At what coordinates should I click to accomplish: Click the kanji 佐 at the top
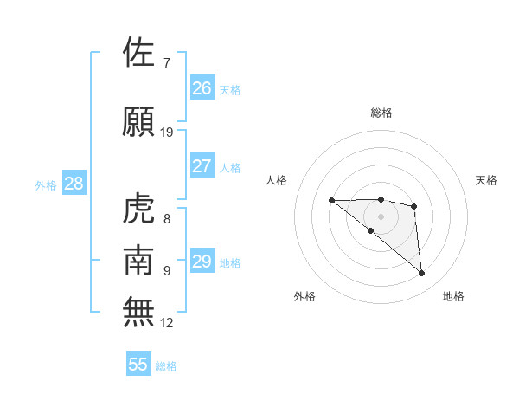click(140, 52)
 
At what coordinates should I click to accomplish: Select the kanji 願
click(140, 121)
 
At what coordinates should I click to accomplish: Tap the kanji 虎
click(140, 208)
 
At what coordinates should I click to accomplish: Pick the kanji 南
click(140, 260)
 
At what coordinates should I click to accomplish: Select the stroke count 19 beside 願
click(167, 132)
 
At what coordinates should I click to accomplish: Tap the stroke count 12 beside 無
click(167, 322)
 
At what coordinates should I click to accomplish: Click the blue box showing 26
click(202, 87)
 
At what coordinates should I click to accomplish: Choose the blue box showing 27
click(202, 166)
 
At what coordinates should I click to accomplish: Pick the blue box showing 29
click(202, 262)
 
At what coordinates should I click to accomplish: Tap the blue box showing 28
click(74, 184)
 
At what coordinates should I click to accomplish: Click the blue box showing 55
click(138, 365)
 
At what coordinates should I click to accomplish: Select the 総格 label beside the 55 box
click(166, 366)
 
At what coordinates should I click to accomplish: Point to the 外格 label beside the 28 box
click(46, 185)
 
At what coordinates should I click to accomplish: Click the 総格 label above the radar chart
click(381, 113)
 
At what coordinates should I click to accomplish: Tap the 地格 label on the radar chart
click(453, 296)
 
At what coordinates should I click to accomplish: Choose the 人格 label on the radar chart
click(277, 180)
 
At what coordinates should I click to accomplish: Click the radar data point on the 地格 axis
click(421, 274)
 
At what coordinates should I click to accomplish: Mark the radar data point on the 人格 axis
click(331, 201)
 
